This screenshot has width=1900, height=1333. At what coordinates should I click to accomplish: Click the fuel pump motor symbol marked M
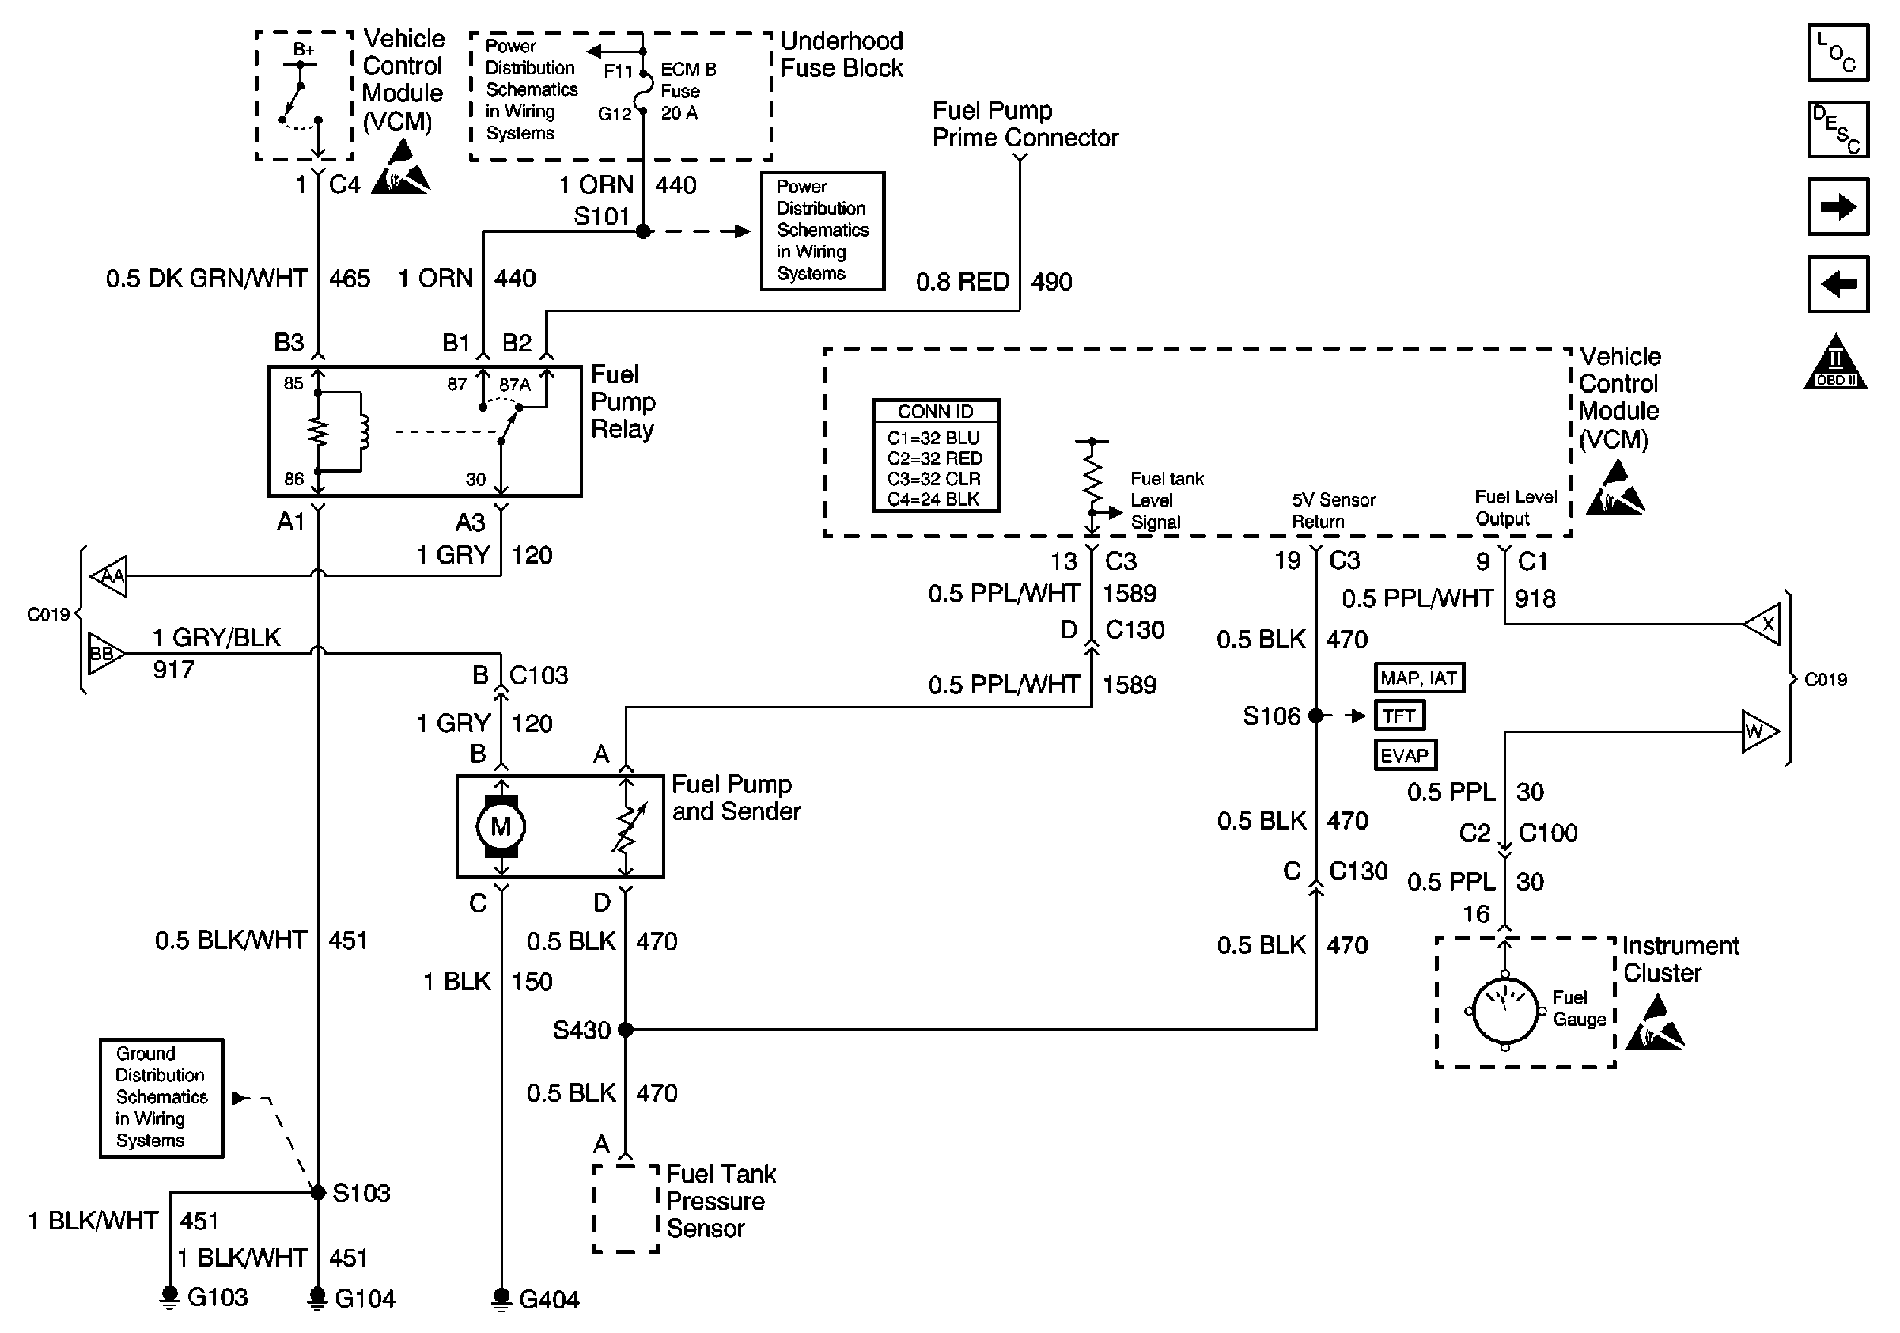(501, 826)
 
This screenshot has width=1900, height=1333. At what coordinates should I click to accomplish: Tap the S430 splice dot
(626, 1030)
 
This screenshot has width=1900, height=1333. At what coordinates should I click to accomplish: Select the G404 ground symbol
(501, 1298)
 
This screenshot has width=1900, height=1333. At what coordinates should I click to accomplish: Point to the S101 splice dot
(643, 232)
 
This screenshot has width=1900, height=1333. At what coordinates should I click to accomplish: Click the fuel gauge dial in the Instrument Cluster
(1505, 1011)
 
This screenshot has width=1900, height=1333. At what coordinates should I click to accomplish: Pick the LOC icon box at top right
(1838, 53)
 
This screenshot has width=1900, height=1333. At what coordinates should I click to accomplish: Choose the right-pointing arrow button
(1838, 207)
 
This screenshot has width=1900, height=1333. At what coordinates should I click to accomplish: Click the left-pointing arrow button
(1838, 284)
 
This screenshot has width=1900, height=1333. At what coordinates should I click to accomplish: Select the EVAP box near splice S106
(1405, 755)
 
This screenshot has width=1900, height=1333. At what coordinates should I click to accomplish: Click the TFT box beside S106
(1399, 716)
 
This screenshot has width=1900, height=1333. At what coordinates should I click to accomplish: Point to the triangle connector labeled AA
(110, 576)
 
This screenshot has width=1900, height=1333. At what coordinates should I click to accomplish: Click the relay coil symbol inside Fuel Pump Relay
(362, 431)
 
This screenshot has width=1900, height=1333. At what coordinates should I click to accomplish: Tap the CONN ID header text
(936, 412)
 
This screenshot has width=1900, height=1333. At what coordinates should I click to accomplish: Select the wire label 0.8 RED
(963, 282)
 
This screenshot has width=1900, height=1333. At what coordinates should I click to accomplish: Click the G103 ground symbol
(169, 1297)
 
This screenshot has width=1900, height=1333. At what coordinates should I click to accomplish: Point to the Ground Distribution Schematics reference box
(161, 1097)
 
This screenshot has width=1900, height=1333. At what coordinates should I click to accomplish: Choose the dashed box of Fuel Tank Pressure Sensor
(626, 1209)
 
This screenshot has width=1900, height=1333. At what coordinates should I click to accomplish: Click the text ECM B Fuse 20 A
(687, 91)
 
